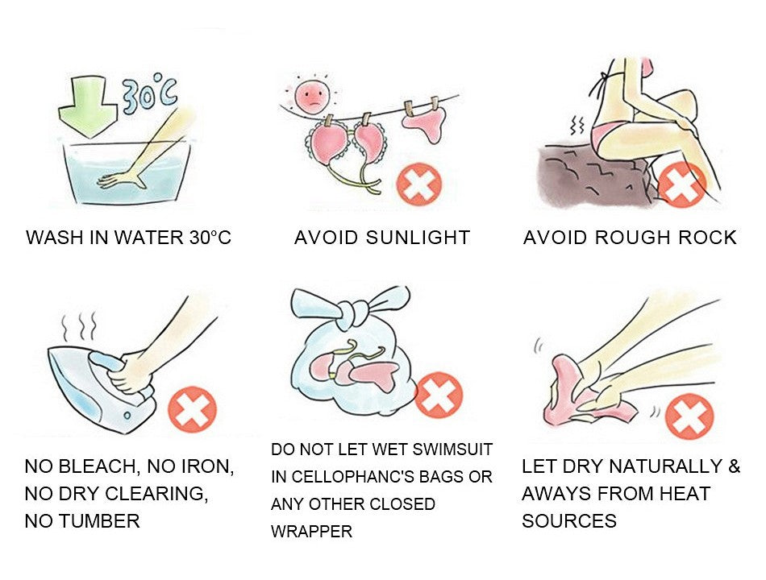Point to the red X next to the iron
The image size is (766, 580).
192,408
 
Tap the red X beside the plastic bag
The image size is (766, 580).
439,395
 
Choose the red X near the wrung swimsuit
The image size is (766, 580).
689,418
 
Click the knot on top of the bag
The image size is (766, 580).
352,309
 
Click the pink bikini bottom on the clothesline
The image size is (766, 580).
427,123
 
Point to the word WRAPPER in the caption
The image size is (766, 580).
311,532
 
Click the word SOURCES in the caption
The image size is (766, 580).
568,520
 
